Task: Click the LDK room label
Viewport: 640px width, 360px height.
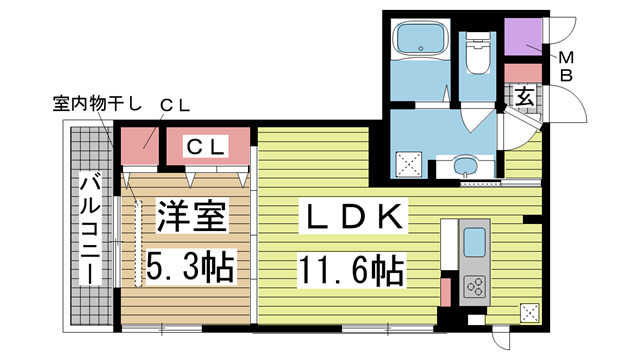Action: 353,216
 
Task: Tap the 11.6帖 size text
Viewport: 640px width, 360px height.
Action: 352,269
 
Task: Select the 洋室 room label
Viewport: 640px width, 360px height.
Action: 191,216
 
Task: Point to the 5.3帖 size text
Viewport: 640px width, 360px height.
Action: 191,266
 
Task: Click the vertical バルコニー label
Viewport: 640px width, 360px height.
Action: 90,229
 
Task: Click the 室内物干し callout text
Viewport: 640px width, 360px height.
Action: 97,104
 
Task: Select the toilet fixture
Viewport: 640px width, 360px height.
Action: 477,53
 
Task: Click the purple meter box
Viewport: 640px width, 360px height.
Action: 523,37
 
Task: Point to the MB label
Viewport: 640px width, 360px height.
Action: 566,67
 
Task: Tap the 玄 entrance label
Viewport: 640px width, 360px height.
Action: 524,97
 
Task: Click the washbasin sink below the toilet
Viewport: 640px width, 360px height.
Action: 465,166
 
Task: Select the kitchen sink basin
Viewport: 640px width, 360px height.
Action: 475,242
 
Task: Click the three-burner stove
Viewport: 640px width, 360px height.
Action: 475,286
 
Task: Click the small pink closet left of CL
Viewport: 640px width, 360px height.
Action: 140,146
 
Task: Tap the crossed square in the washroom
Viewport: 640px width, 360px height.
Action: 409,164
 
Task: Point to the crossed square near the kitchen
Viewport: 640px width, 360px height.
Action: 529,313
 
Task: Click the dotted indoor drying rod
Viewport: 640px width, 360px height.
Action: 139,243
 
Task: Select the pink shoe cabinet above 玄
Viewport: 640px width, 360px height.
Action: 523,73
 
